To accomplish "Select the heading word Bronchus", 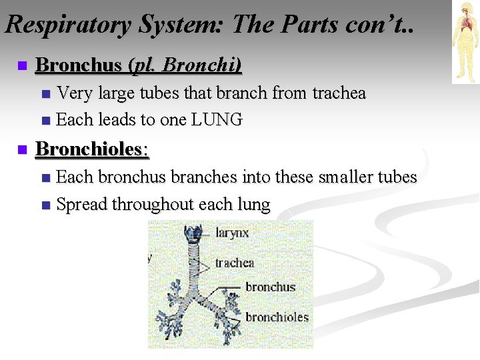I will click(x=81, y=65).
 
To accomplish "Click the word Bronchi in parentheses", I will click(x=200, y=65).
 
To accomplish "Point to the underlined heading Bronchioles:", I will click(x=92, y=149).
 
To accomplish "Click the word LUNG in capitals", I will click(x=217, y=120).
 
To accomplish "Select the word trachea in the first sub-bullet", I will click(x=339, y=93).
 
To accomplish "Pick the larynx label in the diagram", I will click(x=232, y=233).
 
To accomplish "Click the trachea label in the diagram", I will click(x=235, y=263).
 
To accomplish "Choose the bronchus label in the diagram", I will click(x=270, y=287).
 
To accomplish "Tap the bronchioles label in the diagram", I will click(x=277, y=317).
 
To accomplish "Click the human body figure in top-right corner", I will click(x=465, y=41).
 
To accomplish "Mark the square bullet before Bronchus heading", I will click(x=21, y=66).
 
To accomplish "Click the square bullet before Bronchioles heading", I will click(x=21, y=149).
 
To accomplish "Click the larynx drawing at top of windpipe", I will click(x=195, y=235).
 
